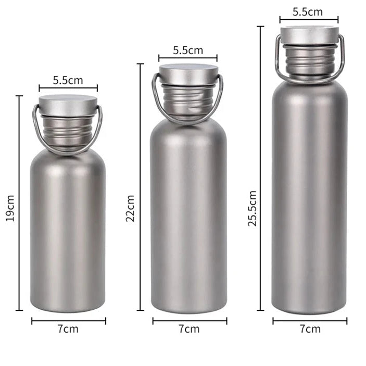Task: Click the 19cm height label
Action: click(x=10, y=208)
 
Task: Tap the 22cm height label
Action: click(x=130, y=208)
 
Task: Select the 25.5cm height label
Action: click(x=253, y=208)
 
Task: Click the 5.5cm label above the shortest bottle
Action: click(x=68, y=80)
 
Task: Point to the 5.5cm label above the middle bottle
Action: click(x=188, y=50)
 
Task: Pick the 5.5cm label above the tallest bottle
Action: click(x=308, y=12)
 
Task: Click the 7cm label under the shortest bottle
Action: click(x=68, y=329)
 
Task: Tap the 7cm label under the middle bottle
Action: click(x=190, y=329)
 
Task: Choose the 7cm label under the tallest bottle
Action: click(x=310, y=329)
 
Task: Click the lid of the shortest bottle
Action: click(x=68, y=106)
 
